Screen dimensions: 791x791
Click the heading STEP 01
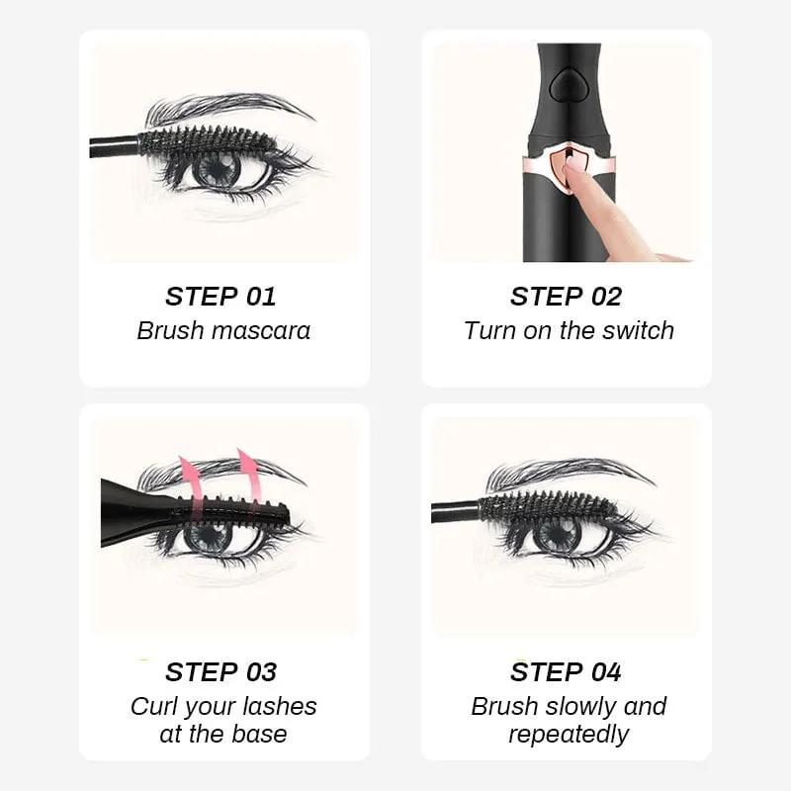(x=220, y=296)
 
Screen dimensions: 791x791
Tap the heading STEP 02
(x=566, y=296)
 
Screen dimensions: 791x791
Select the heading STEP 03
(x=220, y=672)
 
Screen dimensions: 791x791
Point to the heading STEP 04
(x=566, y=672)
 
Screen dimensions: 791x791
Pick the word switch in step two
(x=637, y=330)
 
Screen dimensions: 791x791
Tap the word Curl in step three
(x=153, y=706)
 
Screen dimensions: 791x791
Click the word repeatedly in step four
(x=569, y=735)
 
